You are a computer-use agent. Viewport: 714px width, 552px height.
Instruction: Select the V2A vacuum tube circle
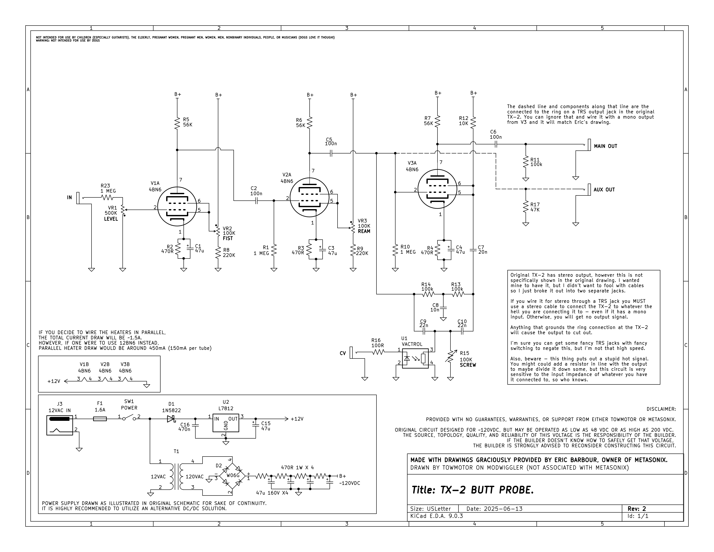coord(309,197)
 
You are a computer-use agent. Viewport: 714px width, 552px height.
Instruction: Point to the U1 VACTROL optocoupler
coord(415,358)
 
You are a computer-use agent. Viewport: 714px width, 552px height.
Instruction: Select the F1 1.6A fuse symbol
coord(100,419)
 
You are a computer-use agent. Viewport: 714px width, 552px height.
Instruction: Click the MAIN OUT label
coord(605,146)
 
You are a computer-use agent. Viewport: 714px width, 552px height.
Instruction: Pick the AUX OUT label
coord(604,190)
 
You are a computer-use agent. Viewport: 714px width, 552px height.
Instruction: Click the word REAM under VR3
coord(364,231)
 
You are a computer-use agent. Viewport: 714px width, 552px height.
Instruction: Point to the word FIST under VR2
coord(228,238)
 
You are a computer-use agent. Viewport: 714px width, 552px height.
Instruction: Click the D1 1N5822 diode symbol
coord(171,419)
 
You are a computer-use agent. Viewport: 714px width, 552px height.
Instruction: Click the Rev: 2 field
coord(637,509)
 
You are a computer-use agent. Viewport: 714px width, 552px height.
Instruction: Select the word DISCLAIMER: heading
coord(661,409)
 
